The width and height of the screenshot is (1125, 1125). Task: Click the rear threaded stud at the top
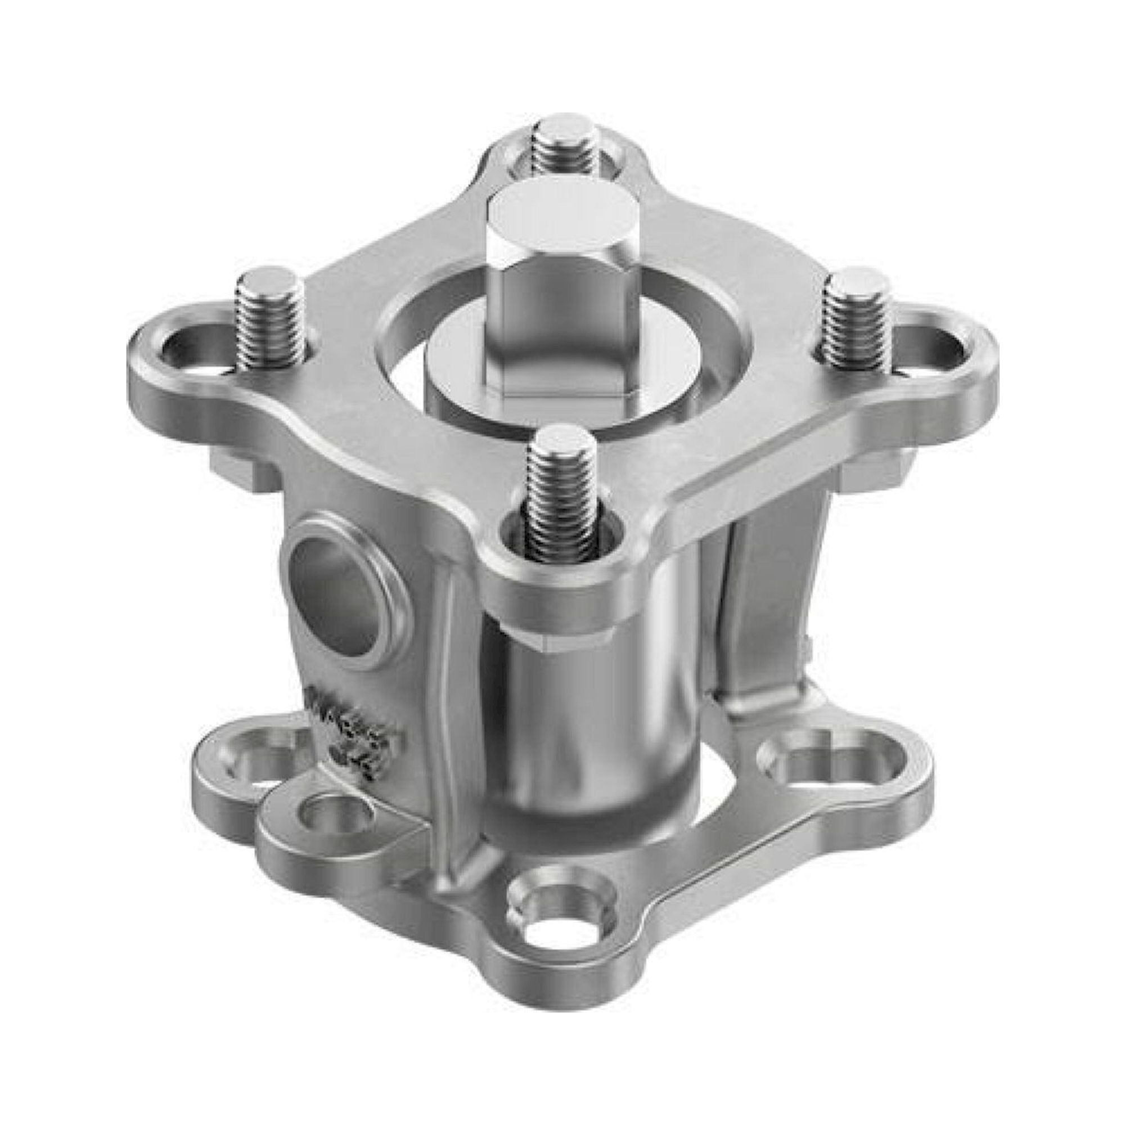point(566,147)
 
